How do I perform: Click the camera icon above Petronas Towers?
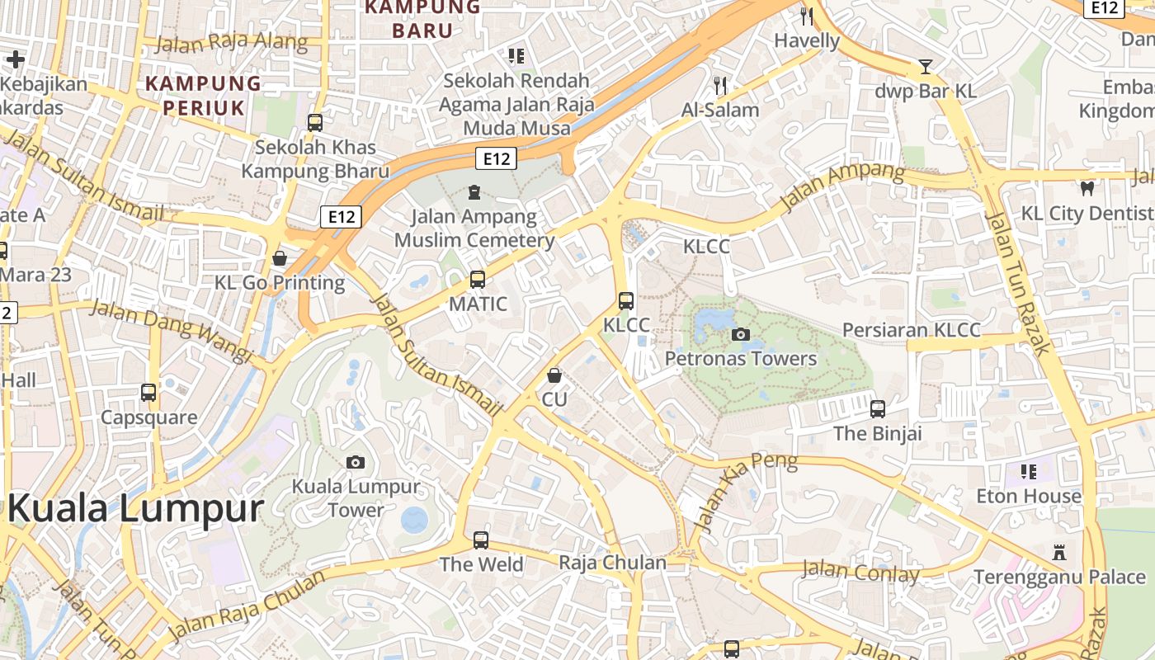pyautogui.click(x=741, y=334)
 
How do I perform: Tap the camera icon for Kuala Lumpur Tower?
pyautogui.click(x=356, y=462)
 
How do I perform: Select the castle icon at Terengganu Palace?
pyautogui.click(x=1059, y=552)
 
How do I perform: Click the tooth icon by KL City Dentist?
pyautogui.click(x=1087, y=188)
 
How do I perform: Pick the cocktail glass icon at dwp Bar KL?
pyautogui.click(x=926, y=66)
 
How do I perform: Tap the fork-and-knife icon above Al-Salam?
pyautogui.click(x=720, y=84)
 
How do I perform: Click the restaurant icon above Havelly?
pyautogui.click(x=807, y=16)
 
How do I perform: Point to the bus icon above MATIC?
pyautogui.click(x=478, y=279)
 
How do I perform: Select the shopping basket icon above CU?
pyautogui.click(x=554, y=375)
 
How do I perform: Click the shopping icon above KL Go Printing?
pyautogui.click(x=280, y=258)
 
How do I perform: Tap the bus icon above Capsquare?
pyautogui.click(x=148, y=393)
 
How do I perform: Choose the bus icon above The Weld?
pyautogui.click(x=481, y=540)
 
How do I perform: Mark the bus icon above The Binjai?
pyautogui.click(x=877, y=408)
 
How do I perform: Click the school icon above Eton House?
pyautogui.click(x=1028, y=471)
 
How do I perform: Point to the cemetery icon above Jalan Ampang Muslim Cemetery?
pyautogui.click(x=474, y=192)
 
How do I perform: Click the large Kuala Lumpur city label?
pyautogui.click(x=136, y=508)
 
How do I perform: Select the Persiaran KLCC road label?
pyautogui.click(x=911, y=331)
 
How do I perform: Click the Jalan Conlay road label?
pyautogui.click(x=860, y=571)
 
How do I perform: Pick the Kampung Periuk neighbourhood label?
pyautogui.click(x=203, y=95)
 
